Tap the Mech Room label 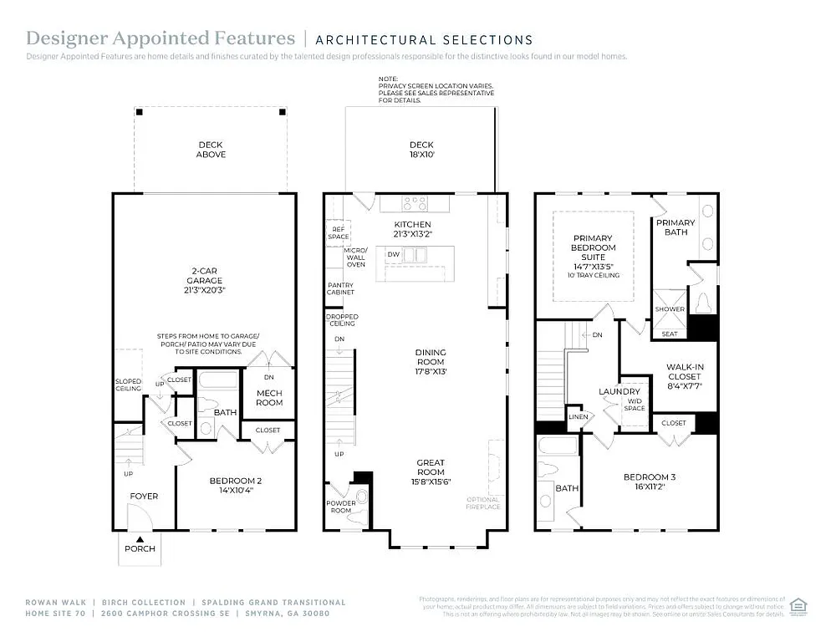(x=268, y=398)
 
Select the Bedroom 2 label (x=236, y=486)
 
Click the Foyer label (x=144, y=497)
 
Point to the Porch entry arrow (x=140, y=539)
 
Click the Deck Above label (x=211, y=150)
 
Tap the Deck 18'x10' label (x=422, y=150)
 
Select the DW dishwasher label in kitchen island (x=393, y=254)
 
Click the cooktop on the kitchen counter (x=415, y=202)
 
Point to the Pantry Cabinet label (x=340, y=288)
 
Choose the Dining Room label (x=431, y=361)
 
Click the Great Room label (x=431, y=466)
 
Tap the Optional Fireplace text (x=483, y=503)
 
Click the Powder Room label (x=340, y=507)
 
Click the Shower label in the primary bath (x=670, y=309)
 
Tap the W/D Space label (x=635, y=405)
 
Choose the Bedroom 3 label (x=650, y=481)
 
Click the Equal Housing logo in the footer (x=798, y=604)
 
